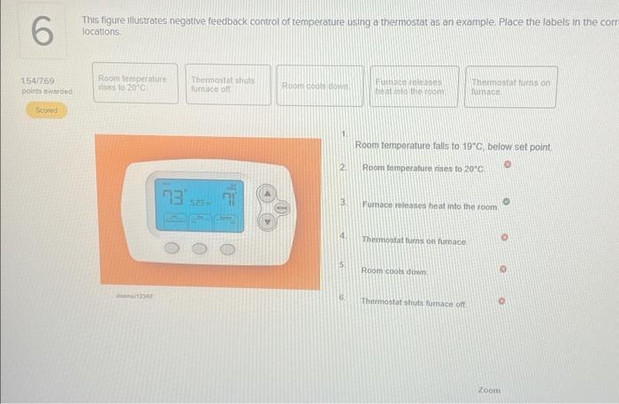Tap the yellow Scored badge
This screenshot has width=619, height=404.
pos(46,112)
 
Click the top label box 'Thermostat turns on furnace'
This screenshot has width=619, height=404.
pos(510,87)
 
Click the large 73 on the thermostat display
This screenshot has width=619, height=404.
pos(172,196)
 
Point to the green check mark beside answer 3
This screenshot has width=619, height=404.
pos(507,202)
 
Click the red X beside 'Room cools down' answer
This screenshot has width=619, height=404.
pos(505,271)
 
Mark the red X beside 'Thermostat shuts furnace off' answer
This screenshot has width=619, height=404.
pos(505,301)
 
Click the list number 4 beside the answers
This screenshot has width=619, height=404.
pos(342,237)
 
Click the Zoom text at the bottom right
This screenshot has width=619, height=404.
pos(489,390)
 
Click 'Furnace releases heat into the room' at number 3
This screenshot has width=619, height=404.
pos(430,206)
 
